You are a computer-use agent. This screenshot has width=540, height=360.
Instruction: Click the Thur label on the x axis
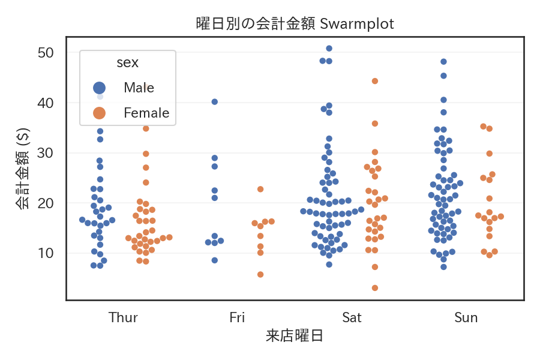[x=123, y=317]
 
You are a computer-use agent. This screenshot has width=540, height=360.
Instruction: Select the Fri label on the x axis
[x=238, y=317]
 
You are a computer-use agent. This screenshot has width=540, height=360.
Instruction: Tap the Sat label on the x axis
[x=352, y=317]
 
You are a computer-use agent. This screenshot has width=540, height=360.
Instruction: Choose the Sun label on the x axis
[x=466, y=317]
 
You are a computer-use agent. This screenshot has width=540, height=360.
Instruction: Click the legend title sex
[x=128, y=62]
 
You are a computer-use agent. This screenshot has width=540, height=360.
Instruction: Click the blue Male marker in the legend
[x=99, y=88]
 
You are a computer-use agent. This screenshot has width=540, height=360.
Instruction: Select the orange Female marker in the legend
[x=99, y=113]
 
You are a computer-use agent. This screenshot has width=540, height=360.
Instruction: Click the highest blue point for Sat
[x=329, y=49]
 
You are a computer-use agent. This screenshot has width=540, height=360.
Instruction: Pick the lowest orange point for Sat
[x=375, y=288]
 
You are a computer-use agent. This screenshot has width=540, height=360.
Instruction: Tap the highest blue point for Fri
[x=215, y=102]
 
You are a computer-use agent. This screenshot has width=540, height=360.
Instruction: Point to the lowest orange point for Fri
[x=260, y=274]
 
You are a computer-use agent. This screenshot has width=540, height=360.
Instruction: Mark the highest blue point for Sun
[x=444, y=62]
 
